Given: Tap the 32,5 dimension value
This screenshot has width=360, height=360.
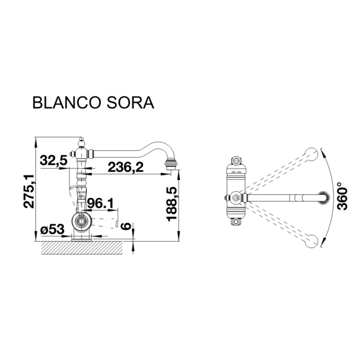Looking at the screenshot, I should (x=54, y=160).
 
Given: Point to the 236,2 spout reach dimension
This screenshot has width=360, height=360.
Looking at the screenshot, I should (x=125, y=167).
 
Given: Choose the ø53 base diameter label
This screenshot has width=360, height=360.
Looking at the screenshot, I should (x=51, y=230).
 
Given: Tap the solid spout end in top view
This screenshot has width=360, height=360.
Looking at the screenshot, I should (x=323, y=197).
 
